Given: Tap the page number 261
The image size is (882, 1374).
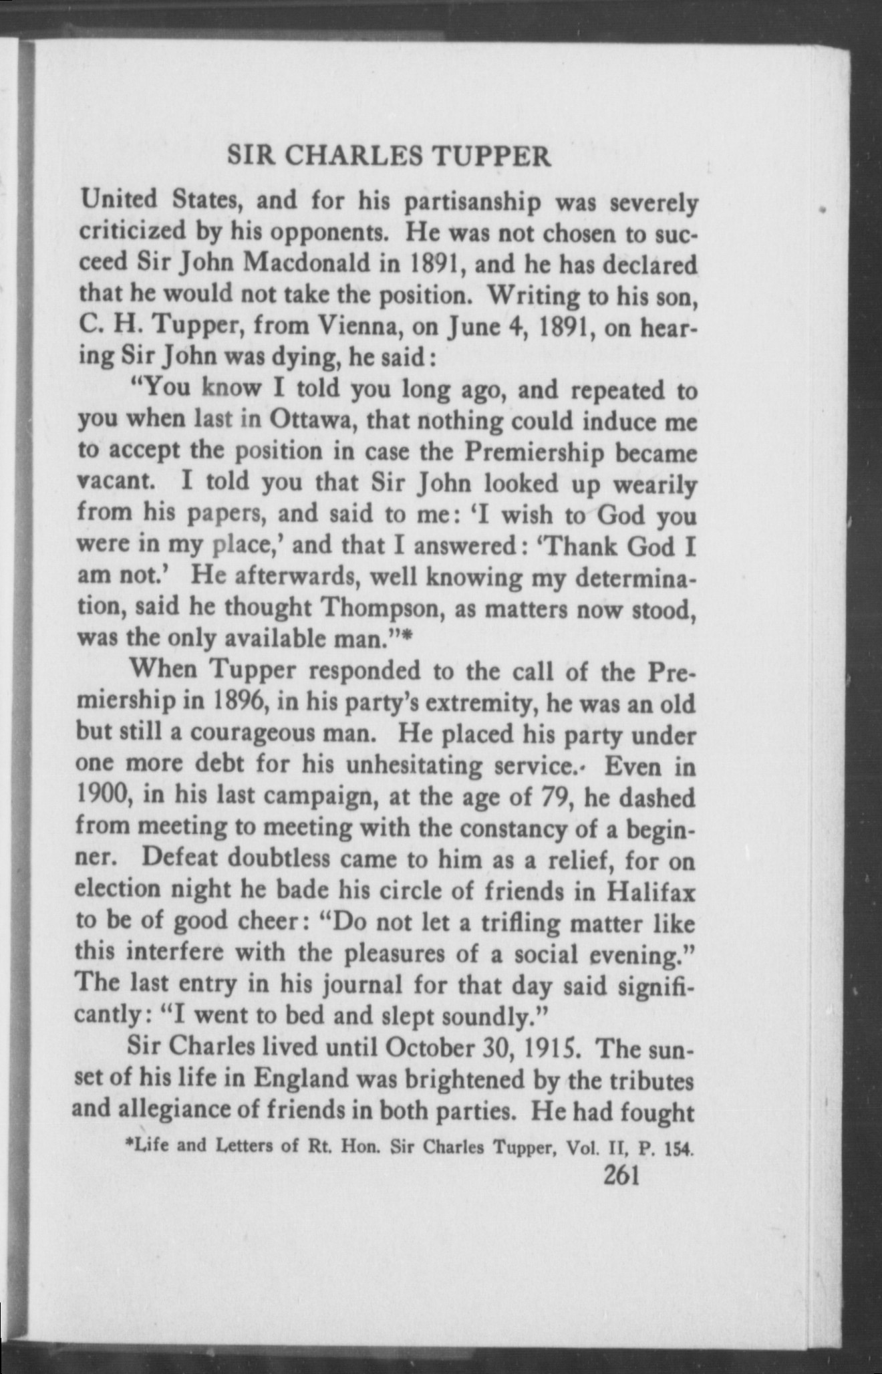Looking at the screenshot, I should pos(622,1174).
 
